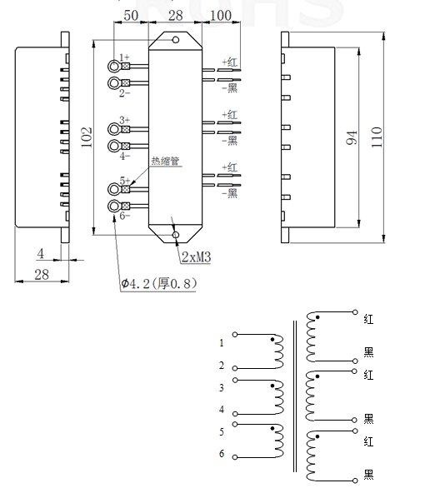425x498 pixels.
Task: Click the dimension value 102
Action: (86, 137)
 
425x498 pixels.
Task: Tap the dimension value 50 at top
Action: (131, 16)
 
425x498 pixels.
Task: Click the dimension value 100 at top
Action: (220, 16)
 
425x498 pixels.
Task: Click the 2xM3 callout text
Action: (197, 258)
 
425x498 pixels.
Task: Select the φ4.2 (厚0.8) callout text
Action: (158, 283)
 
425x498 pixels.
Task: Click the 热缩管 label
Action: (165, 162)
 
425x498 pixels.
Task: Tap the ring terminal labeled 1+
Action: (114, 66)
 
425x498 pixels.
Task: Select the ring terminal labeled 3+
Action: (114, 129)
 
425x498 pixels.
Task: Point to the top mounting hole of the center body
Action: (175, 37)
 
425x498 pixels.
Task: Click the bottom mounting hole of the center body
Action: (175, 235)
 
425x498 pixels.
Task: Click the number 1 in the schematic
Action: (222, 342)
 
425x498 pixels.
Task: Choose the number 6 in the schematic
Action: (222, 454)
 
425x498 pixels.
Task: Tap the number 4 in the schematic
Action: (222, 410)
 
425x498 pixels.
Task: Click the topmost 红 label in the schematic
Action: (368, 318)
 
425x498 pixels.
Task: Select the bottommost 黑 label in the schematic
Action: (368, 475)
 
